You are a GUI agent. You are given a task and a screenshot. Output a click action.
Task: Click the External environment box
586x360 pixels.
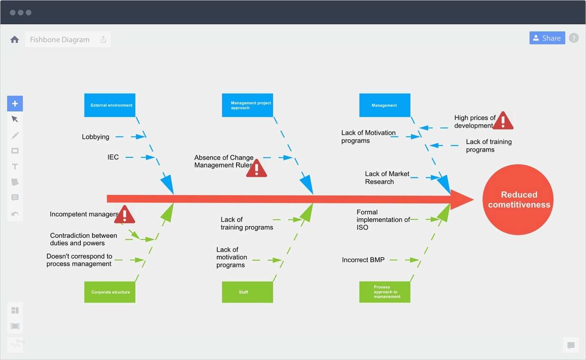(x=110, y=105)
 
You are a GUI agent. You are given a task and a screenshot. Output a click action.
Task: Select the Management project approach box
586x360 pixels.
(x=247, y=105)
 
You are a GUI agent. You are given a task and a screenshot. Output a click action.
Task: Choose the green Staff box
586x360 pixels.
(x=247, y=292)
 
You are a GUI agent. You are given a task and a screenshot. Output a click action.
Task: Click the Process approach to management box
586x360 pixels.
(x=385, y=292)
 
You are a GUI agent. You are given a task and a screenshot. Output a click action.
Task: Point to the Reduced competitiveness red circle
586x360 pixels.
(x=518, y=200)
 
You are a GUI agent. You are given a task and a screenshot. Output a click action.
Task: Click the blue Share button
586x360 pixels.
(x=547, y=38)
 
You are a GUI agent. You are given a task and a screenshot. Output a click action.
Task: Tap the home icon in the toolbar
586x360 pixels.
(x=15, y=40)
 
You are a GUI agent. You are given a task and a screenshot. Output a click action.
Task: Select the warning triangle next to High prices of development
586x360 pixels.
(x=503, y=121)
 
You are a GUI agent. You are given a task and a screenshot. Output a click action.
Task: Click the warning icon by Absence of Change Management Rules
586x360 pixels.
(x=257, y=168)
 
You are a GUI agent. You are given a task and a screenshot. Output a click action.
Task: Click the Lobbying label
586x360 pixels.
(x=95, y=137)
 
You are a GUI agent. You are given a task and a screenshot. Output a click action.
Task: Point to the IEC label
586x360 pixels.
(x=113, y=157)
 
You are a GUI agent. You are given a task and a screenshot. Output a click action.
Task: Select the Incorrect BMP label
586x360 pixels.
(x=363, y=260)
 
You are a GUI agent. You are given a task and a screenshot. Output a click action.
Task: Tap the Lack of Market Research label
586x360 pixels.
(x=387, y=177)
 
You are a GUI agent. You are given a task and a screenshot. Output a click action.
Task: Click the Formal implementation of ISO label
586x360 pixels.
(x=383, y=220)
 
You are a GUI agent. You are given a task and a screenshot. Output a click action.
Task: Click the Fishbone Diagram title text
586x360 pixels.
(x=60, y=40)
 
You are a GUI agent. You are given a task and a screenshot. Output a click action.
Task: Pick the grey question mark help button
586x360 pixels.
(x=573, y=38)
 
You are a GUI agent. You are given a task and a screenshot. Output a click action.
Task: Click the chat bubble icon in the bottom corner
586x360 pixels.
(x=571, y=345)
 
